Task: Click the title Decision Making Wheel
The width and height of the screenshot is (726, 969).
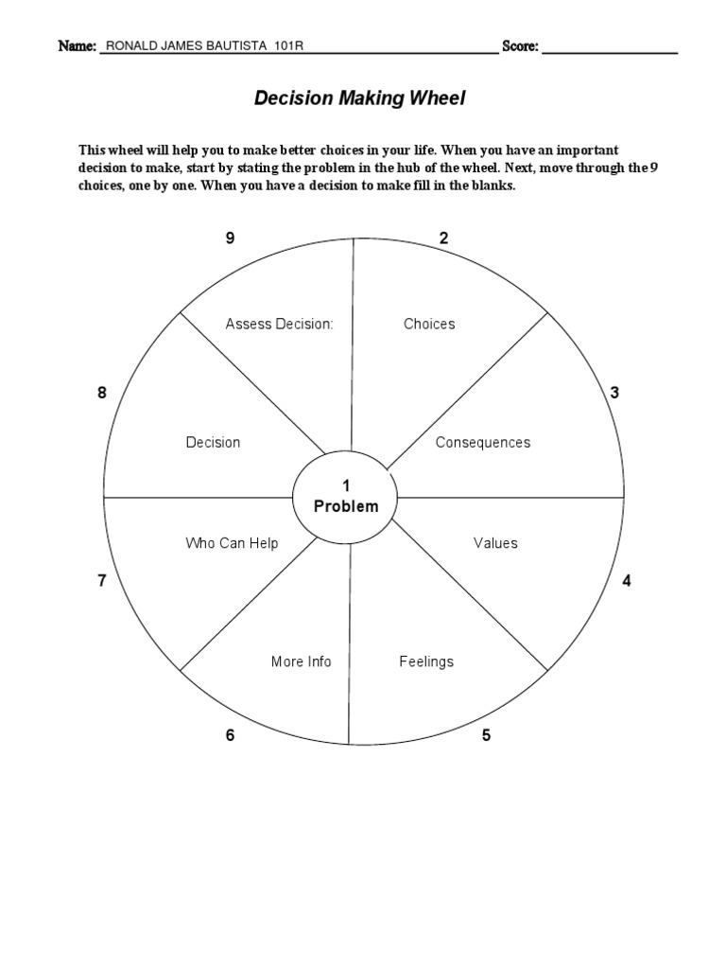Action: tap(359, 98)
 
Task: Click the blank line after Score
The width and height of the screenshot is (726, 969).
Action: tap(610, 46)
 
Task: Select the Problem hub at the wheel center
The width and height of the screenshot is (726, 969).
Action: tap(346, 498)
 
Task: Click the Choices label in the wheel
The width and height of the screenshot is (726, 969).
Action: tap(429, 324)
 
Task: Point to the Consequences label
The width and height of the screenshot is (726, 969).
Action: tap(483, 442)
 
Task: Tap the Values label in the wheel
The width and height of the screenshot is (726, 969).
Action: tap(495, 543)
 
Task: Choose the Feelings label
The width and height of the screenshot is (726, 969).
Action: tap(426, 661)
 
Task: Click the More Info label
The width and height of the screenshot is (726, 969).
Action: tap(301, 661)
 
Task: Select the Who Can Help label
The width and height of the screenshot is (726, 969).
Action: tap(232, 543)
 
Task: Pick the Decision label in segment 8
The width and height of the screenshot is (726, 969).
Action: tap(213, 442)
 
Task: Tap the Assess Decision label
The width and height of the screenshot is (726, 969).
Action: tap(279, 324)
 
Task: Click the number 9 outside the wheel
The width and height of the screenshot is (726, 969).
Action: tap(230, 238)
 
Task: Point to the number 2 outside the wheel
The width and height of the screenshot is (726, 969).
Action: tap(443, 238)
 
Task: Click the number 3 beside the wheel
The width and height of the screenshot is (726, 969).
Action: tap(614, 393)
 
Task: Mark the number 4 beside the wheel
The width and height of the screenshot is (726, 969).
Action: tap(626, 581)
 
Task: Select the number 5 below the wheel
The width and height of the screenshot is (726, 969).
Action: tap(486, 735)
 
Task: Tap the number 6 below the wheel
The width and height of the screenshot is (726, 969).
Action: tap(230, 735)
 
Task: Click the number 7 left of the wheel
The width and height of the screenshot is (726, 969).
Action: tap(102, 581)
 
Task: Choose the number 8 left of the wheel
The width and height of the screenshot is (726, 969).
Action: tap(102, 393)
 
